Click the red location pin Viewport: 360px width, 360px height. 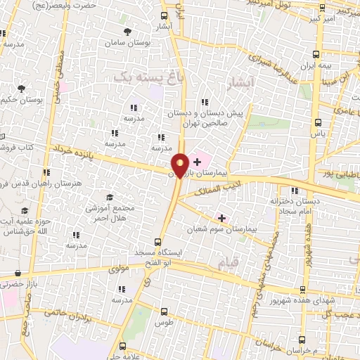pos(180,165)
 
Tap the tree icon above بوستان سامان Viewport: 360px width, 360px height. pos(127,32)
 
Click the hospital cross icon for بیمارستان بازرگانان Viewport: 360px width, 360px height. pos(197,162)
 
